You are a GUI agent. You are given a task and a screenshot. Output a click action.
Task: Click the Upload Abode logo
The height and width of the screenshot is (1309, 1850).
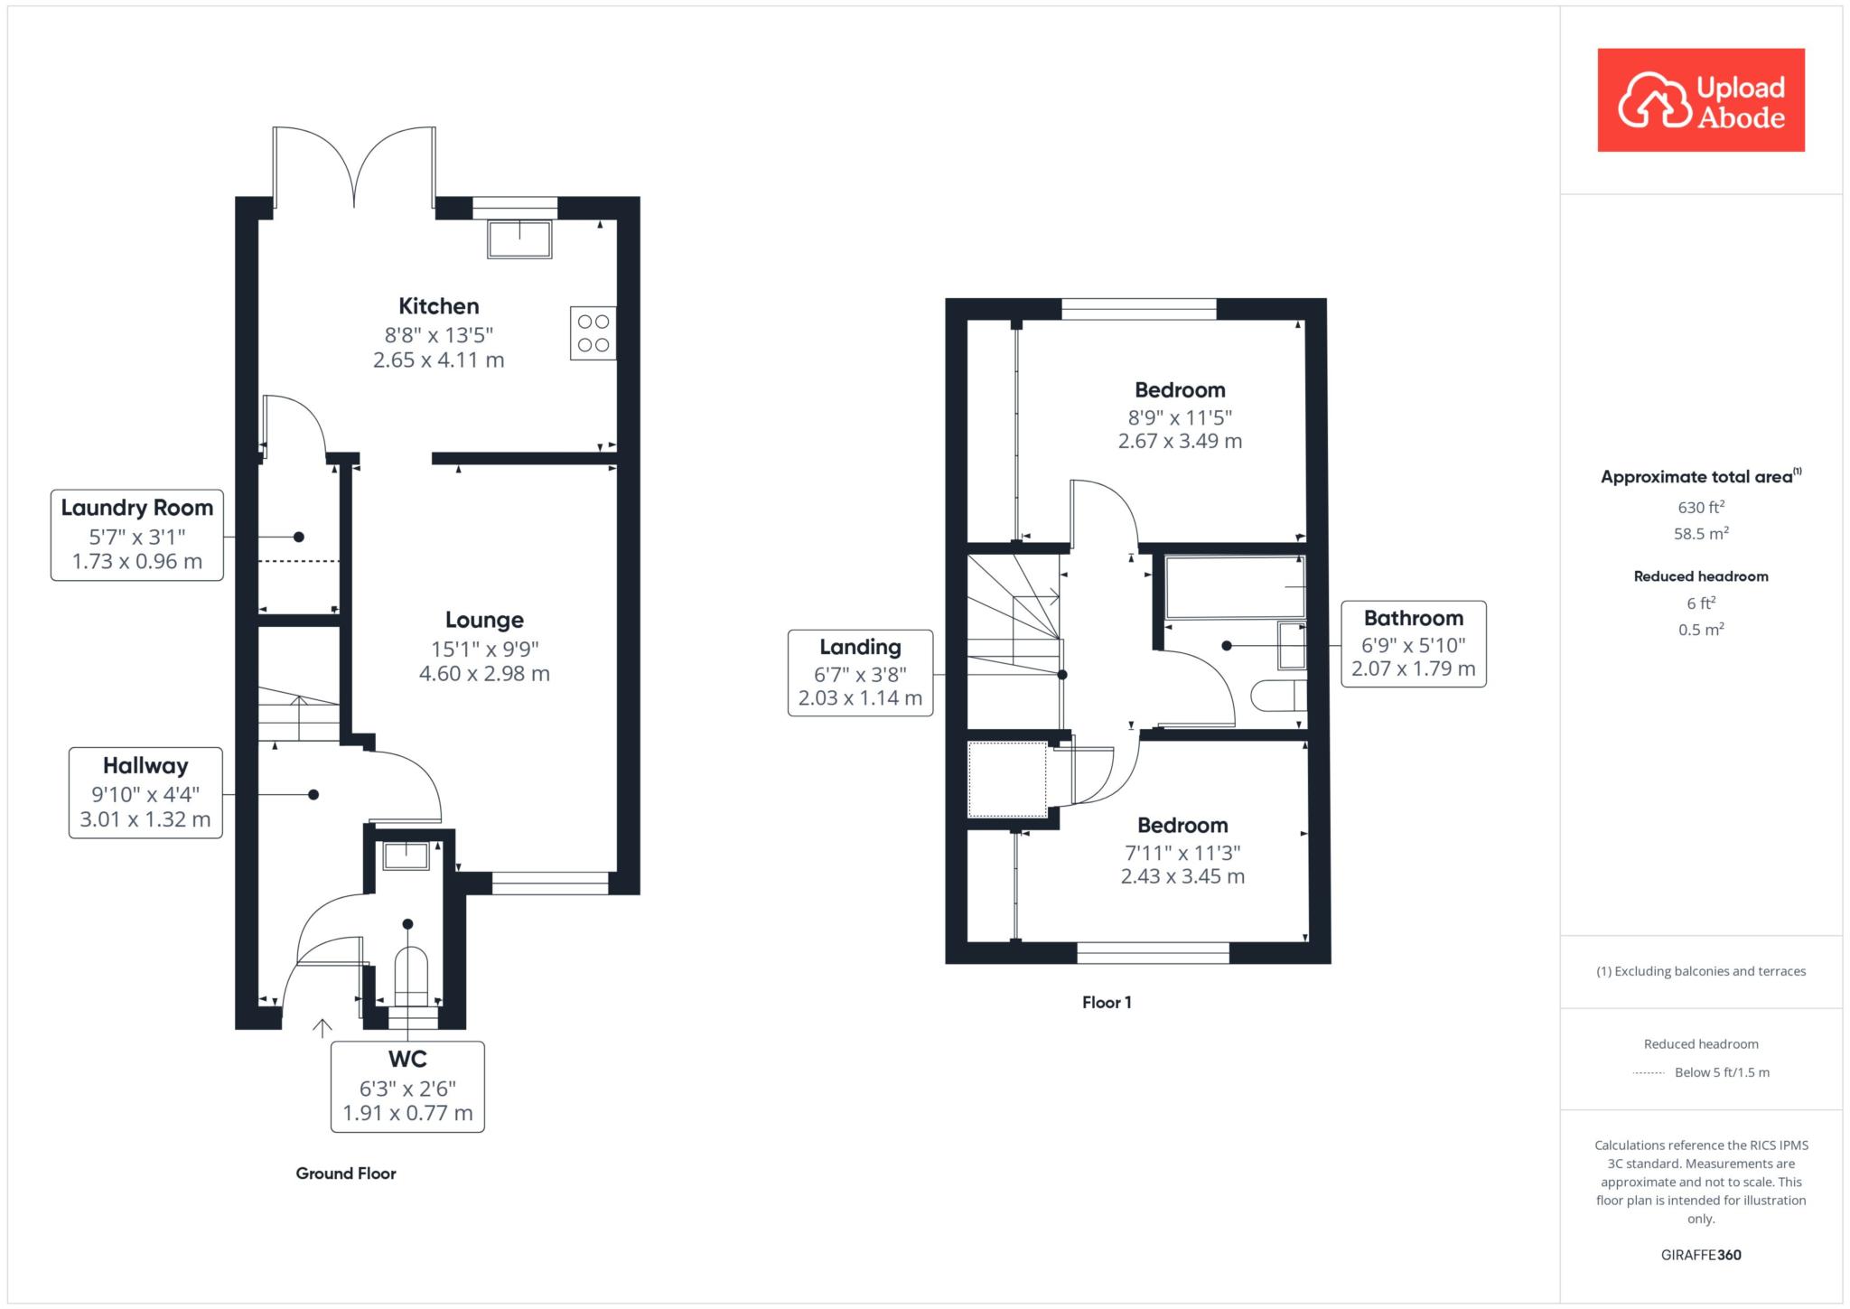click(1701, 100)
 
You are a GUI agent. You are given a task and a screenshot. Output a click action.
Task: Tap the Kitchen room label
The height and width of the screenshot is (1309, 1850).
click(439, 306)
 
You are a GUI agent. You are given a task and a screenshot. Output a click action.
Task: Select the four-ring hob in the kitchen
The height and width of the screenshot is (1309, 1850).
click(593, 333)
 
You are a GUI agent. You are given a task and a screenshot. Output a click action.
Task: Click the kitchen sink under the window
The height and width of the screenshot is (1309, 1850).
click(519, 238)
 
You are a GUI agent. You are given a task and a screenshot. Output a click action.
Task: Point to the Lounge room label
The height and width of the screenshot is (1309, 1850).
click(484, 620)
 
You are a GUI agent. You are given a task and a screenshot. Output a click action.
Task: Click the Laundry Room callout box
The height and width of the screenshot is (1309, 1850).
click(137, 535)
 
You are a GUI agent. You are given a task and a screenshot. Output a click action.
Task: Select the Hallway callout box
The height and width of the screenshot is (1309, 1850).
click(145, 793)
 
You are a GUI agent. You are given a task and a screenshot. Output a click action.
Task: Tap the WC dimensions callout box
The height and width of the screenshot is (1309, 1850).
click(407, 1087)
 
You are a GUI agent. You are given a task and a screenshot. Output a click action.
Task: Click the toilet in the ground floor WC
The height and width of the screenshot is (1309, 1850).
click(411, 977)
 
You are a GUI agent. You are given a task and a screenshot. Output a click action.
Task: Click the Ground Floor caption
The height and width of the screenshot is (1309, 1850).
click(346, 1173)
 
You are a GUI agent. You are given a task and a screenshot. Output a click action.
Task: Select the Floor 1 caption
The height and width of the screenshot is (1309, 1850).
click(1107, 1002)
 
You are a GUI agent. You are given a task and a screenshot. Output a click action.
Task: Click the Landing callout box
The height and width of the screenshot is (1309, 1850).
click(860, 673)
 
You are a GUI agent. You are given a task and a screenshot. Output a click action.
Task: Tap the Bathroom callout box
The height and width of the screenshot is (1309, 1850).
click(1414, 644)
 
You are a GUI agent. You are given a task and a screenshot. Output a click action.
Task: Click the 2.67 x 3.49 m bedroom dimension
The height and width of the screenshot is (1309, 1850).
click(1180, 442)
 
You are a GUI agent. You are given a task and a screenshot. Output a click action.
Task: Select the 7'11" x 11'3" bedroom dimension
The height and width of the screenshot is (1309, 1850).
click(1182, 852)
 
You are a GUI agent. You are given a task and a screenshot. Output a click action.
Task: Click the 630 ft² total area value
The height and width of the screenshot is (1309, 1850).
click(1701, 507)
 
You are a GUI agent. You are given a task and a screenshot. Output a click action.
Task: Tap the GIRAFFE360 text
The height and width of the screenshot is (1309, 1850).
click(1701, 1255)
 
